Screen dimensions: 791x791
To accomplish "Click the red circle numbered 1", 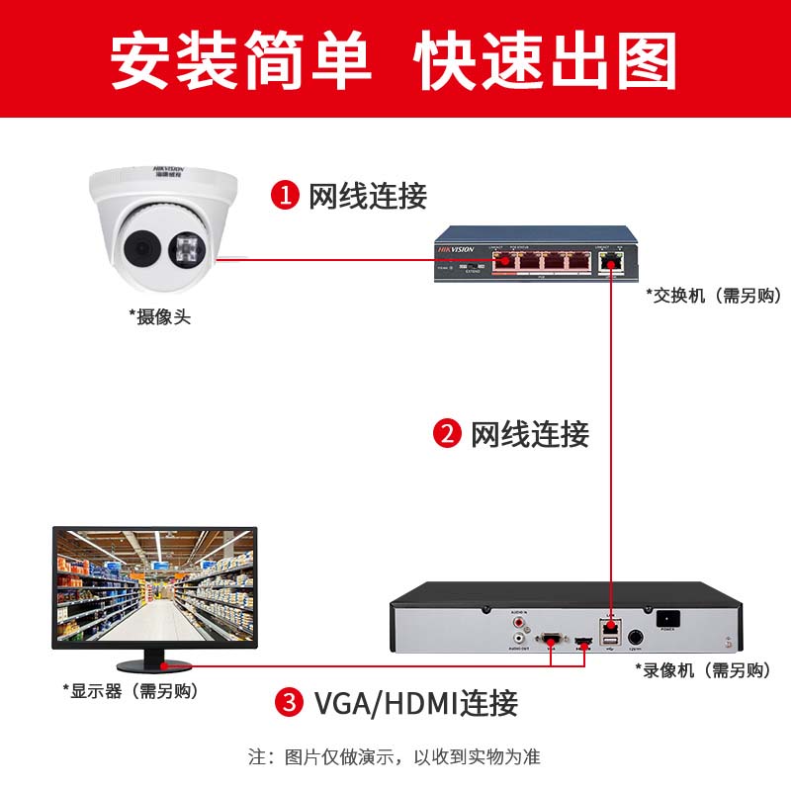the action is click(286, 195).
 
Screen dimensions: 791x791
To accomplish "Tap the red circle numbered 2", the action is click(448, 433).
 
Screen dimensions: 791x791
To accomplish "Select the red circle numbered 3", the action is click(289, 704).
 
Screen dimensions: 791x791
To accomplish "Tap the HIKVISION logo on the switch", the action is click(456, 250).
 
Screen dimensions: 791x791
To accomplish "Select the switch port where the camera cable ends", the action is click(507, 261).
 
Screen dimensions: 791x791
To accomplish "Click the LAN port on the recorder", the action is click(610, 628).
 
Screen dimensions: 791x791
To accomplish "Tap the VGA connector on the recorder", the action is click(551, 639).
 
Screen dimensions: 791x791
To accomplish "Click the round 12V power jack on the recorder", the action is click(637, 638).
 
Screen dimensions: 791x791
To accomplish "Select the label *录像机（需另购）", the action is click(703, 670).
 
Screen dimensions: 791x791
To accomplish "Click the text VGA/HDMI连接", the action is click(415, 704).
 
